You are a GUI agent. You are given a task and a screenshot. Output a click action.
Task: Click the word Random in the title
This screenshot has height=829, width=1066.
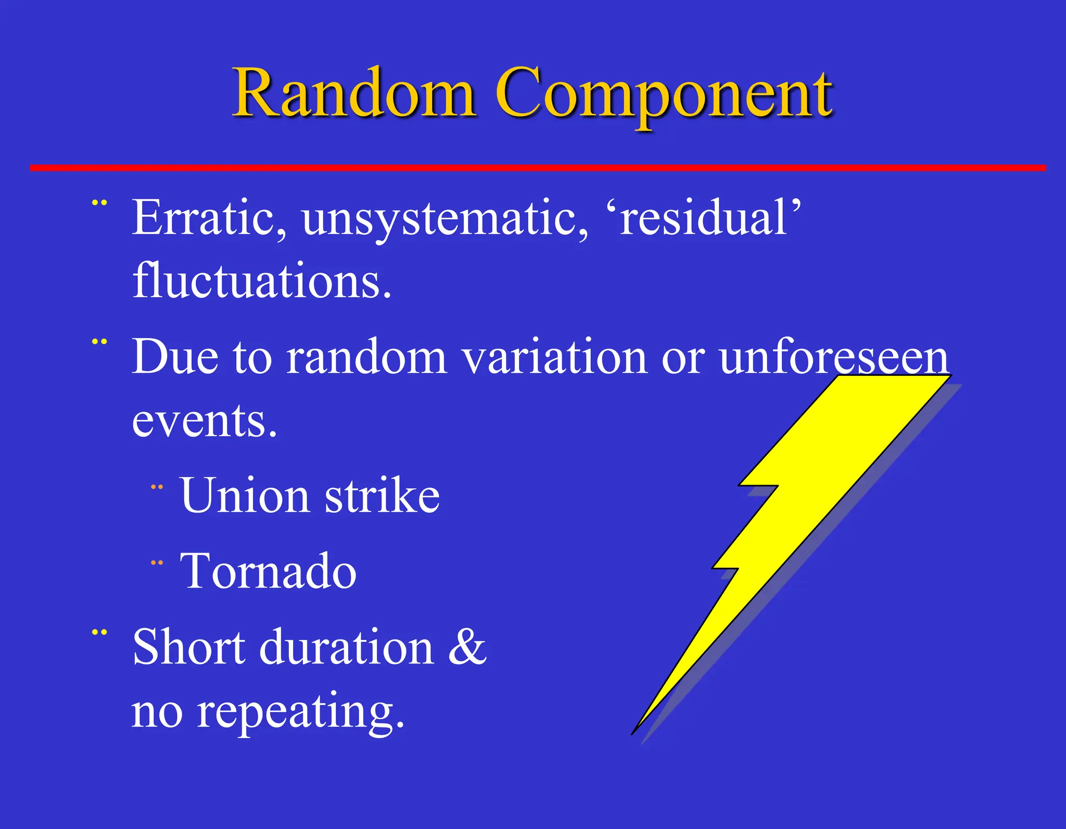point(354,94)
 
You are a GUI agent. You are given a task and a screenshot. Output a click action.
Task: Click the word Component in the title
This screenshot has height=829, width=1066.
point(664,96)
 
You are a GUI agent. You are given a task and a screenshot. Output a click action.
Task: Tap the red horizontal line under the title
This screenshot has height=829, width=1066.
point(536,168)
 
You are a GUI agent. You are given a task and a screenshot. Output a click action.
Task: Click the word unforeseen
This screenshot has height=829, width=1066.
point(833,358)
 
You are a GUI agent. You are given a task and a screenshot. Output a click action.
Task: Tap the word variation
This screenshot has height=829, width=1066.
point(554,358)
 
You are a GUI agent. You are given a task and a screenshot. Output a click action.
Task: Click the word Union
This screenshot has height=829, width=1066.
point(245,495)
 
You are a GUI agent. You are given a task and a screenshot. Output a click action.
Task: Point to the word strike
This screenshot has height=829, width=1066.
point(383,495)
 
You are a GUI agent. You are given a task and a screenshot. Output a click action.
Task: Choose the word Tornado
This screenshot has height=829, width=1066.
point(268,571)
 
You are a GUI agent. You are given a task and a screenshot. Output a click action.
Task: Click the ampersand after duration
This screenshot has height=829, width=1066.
point(467,647)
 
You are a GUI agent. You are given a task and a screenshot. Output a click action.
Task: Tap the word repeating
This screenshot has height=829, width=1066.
point(299,712)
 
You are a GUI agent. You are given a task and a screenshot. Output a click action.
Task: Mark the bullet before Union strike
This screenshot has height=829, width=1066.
point(157,488)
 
